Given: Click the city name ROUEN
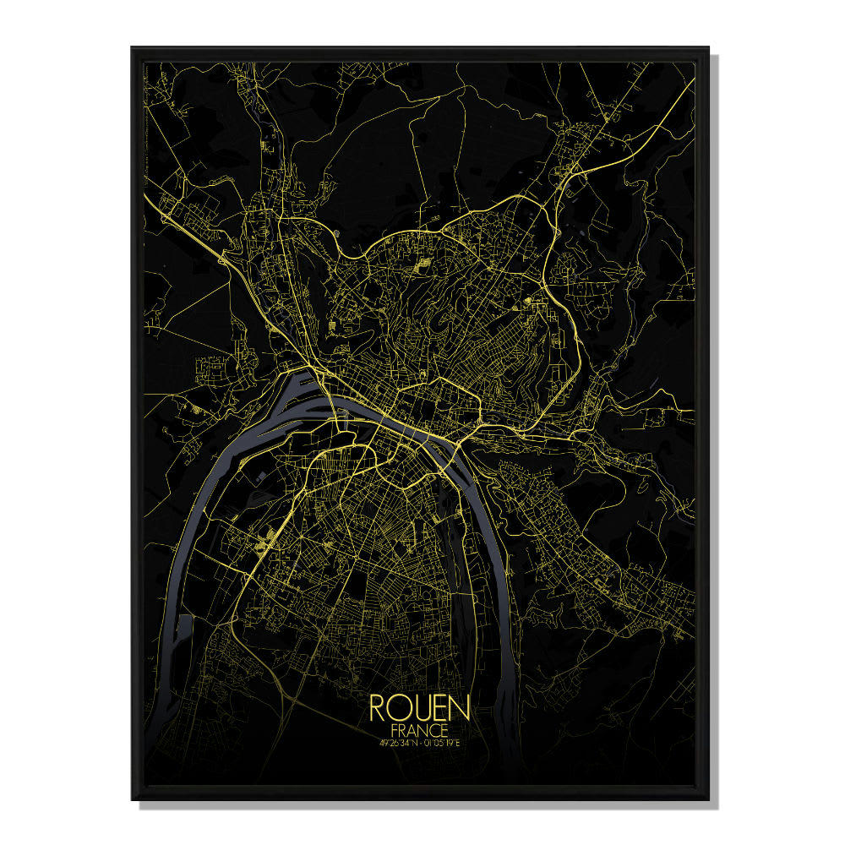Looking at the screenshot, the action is [419, 708].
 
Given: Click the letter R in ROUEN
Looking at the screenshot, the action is [379, 708].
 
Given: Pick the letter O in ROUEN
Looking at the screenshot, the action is [399, 708].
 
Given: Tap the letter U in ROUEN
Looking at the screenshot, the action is [420, 708].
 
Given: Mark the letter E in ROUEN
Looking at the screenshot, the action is [439, 708].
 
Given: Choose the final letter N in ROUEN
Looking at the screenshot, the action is [459, 708].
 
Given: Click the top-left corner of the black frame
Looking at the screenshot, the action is [133, 49].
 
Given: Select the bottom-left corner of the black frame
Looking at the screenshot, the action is [133, 799].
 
